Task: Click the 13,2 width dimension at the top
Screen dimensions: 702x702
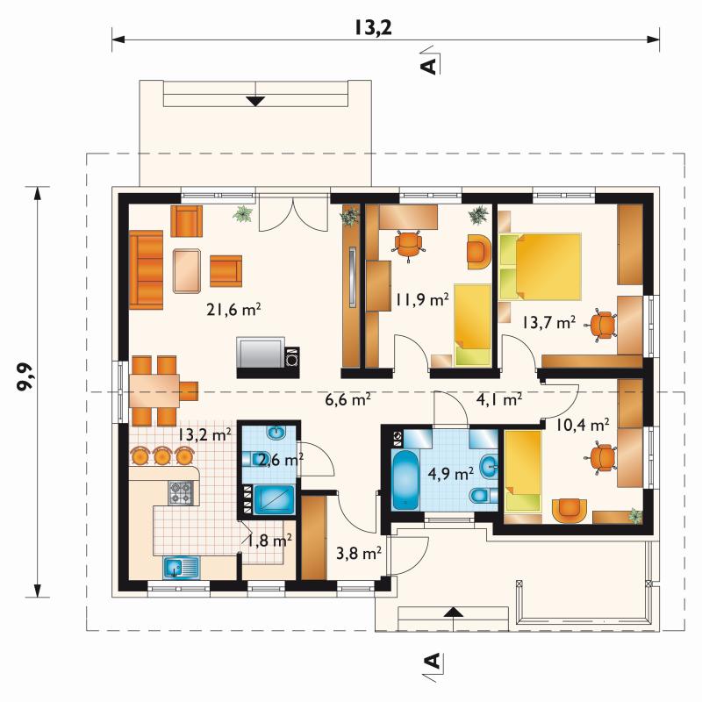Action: point(374,27)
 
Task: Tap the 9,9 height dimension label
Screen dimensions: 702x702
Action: point(25,376)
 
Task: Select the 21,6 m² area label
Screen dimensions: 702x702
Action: point(233,310)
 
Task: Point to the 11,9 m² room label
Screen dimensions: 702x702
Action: point(421,299)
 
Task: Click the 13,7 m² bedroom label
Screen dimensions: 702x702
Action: point(548,322)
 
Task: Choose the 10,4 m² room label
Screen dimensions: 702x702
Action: point(583,425)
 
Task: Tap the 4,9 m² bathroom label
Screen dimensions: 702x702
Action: point(451,473)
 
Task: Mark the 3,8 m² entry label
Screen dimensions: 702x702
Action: point(359,554)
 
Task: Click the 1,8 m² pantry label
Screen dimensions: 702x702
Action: point(270,541)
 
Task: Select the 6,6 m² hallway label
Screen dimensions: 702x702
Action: point(347,399)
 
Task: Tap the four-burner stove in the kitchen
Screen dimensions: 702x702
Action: point(182,492)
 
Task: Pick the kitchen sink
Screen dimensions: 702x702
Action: point(181,568)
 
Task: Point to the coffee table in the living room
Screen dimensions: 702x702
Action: point(187,271)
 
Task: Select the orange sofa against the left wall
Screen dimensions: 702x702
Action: point(146,269)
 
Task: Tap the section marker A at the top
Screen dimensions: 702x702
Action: point(430,65)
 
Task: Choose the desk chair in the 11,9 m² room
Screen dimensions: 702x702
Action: point(408,244)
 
